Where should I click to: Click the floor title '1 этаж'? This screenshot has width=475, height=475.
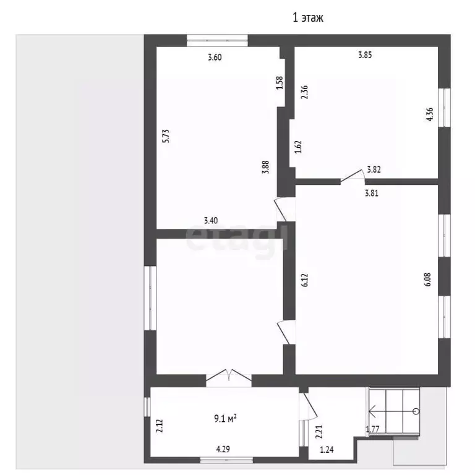tap(308, 17)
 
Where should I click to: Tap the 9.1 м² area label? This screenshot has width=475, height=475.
tap(225, 418)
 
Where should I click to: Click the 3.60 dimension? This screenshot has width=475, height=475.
tap(215, 58)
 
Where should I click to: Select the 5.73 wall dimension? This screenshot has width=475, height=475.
tap(166, 136)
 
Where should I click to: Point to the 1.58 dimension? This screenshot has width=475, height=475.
tap(280, 82)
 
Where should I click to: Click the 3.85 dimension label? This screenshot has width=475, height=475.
tap(365, 55)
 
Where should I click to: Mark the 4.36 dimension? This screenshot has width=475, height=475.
tap(430, 114)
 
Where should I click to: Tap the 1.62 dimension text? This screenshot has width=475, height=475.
tap(298, 147)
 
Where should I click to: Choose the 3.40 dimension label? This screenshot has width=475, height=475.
tap(210, 220)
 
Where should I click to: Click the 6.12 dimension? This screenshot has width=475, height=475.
tap(305, 280)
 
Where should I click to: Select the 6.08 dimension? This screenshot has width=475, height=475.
tap(427, 280)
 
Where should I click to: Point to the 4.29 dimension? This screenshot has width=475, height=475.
tap(223, 449)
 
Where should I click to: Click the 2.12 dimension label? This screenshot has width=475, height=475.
tap(160, 426)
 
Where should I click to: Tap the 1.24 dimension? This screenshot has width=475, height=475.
tap(327, 450)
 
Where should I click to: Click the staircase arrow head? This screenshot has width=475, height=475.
tap(371, 411)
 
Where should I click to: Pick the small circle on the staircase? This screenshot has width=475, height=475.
tap(416, 411)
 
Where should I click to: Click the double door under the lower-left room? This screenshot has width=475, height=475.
tap(229, 378)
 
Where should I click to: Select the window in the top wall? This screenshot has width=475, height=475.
tap(217, 41)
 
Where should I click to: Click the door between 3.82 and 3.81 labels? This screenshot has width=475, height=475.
tap(353, 178)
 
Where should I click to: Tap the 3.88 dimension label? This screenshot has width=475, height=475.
tap(266, 167)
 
